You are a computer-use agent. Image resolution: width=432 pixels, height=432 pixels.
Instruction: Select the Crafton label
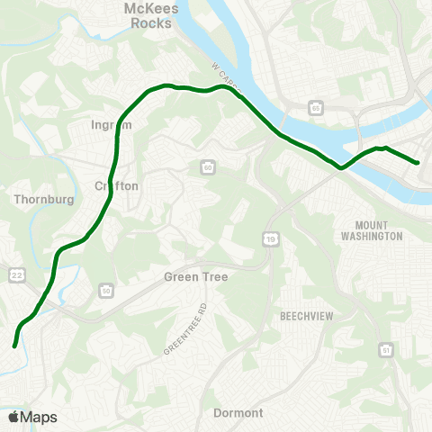point(116,185)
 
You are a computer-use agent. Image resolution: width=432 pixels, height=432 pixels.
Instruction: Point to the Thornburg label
point(37,198)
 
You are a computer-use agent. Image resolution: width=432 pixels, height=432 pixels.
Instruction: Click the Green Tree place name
point(195,277)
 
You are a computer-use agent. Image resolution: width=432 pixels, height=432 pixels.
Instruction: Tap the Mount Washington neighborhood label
point(372,230)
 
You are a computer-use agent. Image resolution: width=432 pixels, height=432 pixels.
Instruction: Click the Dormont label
point(238,413)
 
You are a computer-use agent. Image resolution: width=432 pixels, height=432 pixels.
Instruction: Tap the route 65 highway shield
point(315,109)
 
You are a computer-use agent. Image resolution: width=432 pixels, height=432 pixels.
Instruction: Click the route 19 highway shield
point(269,238)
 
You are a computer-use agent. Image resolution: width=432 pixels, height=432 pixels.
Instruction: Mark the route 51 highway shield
point(386,349)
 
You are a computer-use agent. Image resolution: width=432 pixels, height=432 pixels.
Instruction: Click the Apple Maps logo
point(32,417)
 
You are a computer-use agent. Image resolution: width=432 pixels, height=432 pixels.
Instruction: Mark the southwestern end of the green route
point(14,345)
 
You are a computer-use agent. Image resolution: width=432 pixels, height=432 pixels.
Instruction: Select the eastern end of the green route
point(418,163)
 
